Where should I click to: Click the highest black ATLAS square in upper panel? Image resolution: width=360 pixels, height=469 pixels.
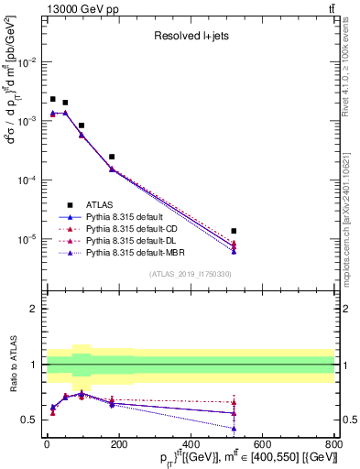[53, 99]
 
